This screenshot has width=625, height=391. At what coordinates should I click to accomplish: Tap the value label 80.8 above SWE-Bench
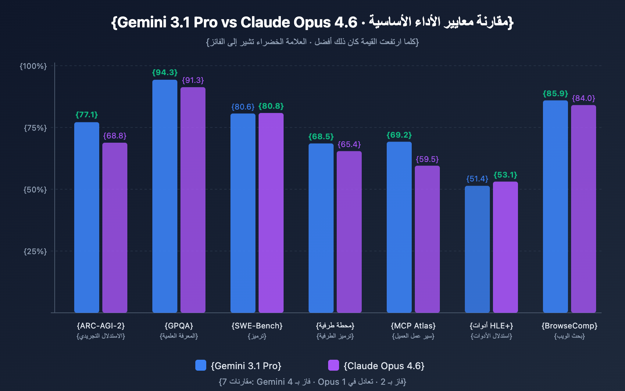pos(271,106)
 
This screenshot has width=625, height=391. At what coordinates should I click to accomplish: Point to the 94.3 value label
pos(165,73)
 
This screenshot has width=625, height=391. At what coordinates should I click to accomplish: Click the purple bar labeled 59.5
pos(427,239)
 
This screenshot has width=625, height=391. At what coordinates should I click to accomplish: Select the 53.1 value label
pos(505,175)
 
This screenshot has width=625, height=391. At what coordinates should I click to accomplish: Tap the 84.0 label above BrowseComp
pos(584,99)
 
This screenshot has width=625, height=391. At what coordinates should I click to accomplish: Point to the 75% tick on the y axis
pos(35,128)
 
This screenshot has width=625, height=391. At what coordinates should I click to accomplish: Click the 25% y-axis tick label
pos(35,252)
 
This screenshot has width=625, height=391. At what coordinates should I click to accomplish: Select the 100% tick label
pos(34,66)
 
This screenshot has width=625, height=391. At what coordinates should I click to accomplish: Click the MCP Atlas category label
pos(413,326)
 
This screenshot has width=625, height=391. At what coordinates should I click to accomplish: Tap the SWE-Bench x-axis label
pos(257,326)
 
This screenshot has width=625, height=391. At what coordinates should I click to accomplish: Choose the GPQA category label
pos(179,326)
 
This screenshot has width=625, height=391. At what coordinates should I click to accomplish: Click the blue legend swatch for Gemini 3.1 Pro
pos(201,366)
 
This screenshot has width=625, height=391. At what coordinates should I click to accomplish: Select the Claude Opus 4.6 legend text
pos(384,366)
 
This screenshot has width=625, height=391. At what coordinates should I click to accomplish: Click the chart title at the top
pos(312,22)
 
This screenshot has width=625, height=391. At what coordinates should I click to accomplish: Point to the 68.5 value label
pos(321,137)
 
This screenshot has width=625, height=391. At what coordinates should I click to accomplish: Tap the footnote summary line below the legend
pos(312,382)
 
